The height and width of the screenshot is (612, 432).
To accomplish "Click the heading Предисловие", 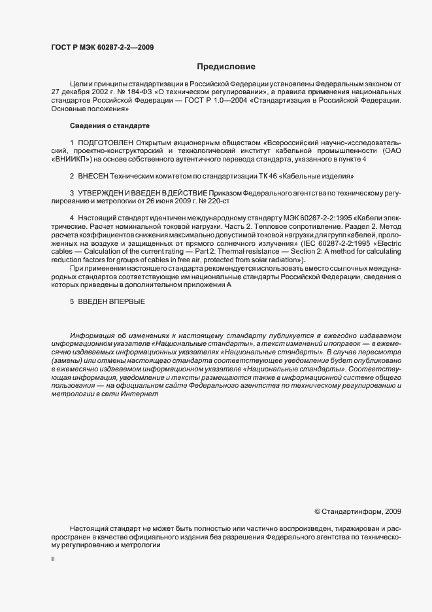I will point(227,67).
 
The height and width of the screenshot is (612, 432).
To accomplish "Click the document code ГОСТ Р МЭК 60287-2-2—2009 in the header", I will point(103,46).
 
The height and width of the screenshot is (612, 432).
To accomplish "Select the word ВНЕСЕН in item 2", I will point(96,176).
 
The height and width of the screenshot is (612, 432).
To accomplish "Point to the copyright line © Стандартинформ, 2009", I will point(358,511).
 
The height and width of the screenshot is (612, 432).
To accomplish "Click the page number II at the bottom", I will point(53,560).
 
